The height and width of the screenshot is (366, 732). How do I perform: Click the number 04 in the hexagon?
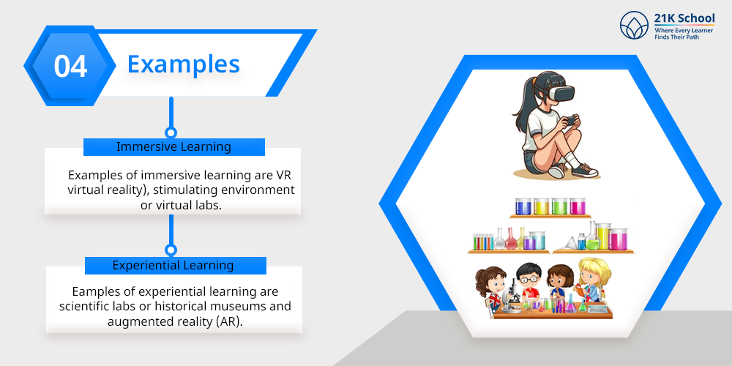(x=70, y=66)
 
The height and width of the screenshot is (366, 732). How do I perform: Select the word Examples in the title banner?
(x=184, y=64)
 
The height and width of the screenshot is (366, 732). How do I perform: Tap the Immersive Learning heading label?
(x=173, y=146)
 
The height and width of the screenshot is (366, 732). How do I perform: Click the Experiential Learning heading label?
(x=173, y=265)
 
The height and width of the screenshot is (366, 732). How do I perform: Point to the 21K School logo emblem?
(x=635, y=25)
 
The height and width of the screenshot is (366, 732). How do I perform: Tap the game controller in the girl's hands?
(x=570, y=121)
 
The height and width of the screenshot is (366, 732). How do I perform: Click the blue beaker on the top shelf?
(x=523, y=206)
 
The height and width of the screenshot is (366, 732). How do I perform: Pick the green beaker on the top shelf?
(x=559, y=206)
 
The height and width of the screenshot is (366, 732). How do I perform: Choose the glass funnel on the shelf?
(x=572, y=243)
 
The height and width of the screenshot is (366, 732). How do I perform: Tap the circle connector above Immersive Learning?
(x=171, y=132)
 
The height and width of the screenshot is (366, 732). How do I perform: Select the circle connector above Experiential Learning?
(x=171, y=250)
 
